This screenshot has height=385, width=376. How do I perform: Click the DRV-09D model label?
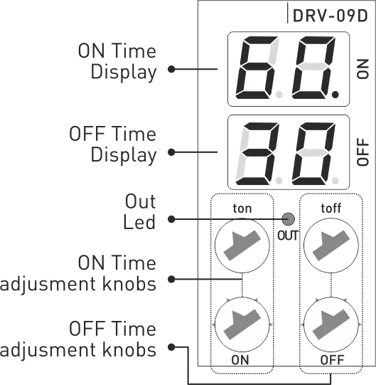pyautogui.click(x=330, y=16)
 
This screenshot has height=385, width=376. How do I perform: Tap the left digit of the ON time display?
pyautogui.click(x=257, y=68)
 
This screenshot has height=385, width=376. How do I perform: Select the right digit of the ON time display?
pyautogui.click(x=313, y=68)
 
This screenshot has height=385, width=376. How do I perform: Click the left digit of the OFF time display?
pyautogui.click(x=257, y=154)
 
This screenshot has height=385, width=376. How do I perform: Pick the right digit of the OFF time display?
pyautogui.click(x=313, y=154)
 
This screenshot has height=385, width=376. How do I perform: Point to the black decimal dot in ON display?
pyautogui.click(x=335, y=94)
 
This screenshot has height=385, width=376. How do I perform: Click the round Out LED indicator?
pyautogui.click(x=288, y=219)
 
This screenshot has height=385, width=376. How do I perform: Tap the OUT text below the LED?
pyautogui.click(x=288, y=236)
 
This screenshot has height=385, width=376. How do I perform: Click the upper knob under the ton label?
pyautogui.click(x=242, y=246)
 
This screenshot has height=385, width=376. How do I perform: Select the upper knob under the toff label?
pyautogui.click(x=331, y=246)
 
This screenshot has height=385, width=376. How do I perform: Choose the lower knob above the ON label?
pyautogui.click(x=242, y=325)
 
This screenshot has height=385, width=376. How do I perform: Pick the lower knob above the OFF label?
pyautogui.click(x=331, y=325)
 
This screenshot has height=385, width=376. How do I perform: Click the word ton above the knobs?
pyautogui.click(x=242, y=209)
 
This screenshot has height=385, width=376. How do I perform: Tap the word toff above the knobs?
pyautogui.click(x=331, y=209)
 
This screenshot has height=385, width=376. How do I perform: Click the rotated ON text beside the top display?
pyautogui.click(x=362, y=69)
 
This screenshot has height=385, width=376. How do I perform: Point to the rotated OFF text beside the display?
pyautogui.click(x=362, y=152)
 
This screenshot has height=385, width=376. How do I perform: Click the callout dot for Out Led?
pyautogui.click(x=171, y=219)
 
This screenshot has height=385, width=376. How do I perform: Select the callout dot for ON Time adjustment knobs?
pyautogui.click(x=171, y=279)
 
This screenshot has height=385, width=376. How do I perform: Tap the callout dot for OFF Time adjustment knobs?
pyautogui.click(x=171, y=347)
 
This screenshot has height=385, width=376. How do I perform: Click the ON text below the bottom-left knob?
pyautogui.click(x=240, y=360)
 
